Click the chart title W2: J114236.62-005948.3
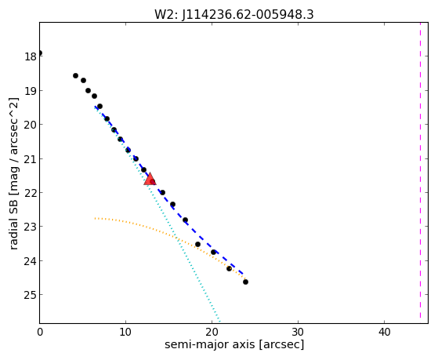[234, 14]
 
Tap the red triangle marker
[150, 180]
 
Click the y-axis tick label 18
[31, 56]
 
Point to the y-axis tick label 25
[31, 295]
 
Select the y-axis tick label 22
[31, 193]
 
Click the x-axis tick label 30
[298, 332]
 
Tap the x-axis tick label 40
[385, 332]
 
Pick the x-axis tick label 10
[125, 332]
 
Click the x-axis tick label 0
[40, 332]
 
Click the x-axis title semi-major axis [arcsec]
[234, 344]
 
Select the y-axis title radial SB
[13, 223]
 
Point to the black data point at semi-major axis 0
[40, 53]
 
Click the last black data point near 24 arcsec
[245, 282]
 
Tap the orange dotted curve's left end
[96, 218]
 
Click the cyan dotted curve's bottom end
[220, 322]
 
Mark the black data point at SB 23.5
[197, 244]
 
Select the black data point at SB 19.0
[88, 90]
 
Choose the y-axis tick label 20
[31, 125]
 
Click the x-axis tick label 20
[212, 332]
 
